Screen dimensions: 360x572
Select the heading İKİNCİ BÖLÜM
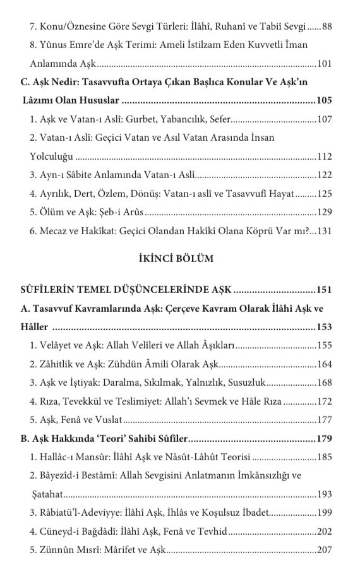pos(180,258)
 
